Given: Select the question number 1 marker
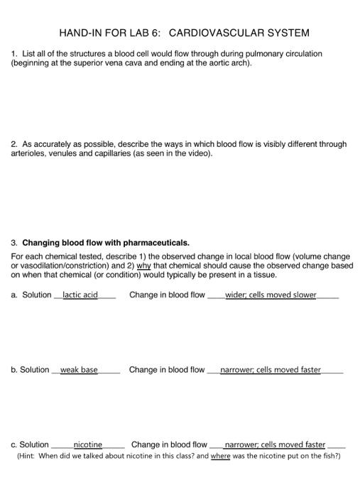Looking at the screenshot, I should click(13, 54).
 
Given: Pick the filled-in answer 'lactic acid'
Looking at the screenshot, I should click(80, 295).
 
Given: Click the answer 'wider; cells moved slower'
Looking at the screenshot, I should click(271, 295).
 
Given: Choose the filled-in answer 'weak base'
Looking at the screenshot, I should click(79, 370).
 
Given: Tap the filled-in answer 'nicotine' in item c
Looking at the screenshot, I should click(88, 445).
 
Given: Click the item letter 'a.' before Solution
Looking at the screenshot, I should click(14, 295).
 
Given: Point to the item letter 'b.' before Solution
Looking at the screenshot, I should click(14, 370).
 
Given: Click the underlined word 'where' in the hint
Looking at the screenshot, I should click(220, 457).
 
